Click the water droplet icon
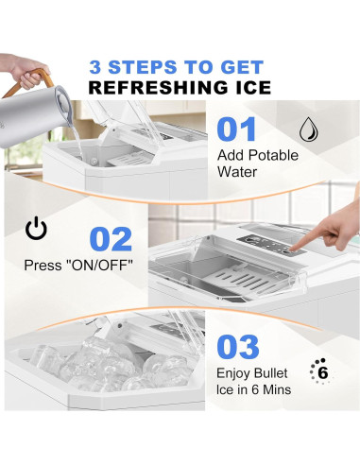pos(309,129)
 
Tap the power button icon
pos(36,230)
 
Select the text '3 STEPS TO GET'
pos(180,67)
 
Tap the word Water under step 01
pos(238,173)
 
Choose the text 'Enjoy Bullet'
pos(253,379)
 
